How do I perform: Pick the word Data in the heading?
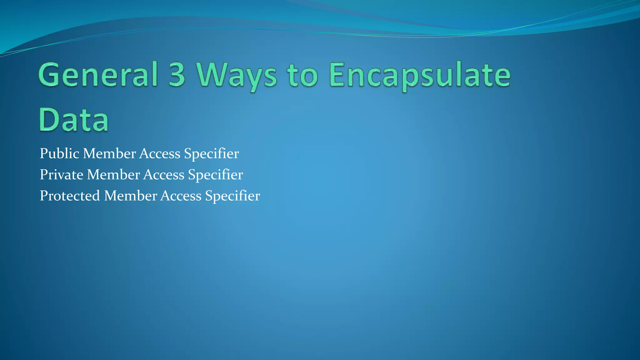74,119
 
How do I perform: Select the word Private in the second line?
62,175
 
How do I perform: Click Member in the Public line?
109,154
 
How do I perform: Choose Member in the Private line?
113,175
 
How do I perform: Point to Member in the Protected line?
131,196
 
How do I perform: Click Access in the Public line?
160,154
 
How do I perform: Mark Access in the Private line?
164,175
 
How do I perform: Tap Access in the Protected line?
181,196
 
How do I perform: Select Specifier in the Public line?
212,154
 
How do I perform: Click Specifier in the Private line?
216,175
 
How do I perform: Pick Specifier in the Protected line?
233,196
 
